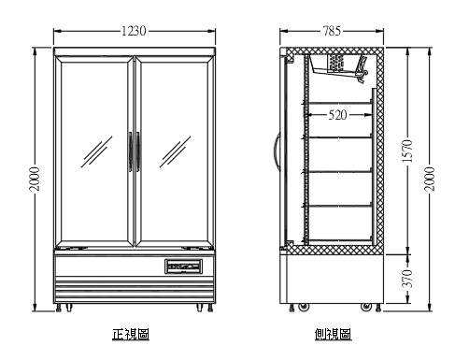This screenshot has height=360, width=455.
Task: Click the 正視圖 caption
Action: pyautogui.click(x=131, y=334)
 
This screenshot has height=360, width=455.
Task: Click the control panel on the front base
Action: pyautogui.click(x=184, y=265)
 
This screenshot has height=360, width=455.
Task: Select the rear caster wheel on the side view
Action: pyautogui.click(x=367, y=306)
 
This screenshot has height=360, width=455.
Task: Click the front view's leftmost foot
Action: pyautogui.click(x=63, y=307)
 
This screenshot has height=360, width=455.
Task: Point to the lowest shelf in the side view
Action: pyautogui.click(x=341, y=206)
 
